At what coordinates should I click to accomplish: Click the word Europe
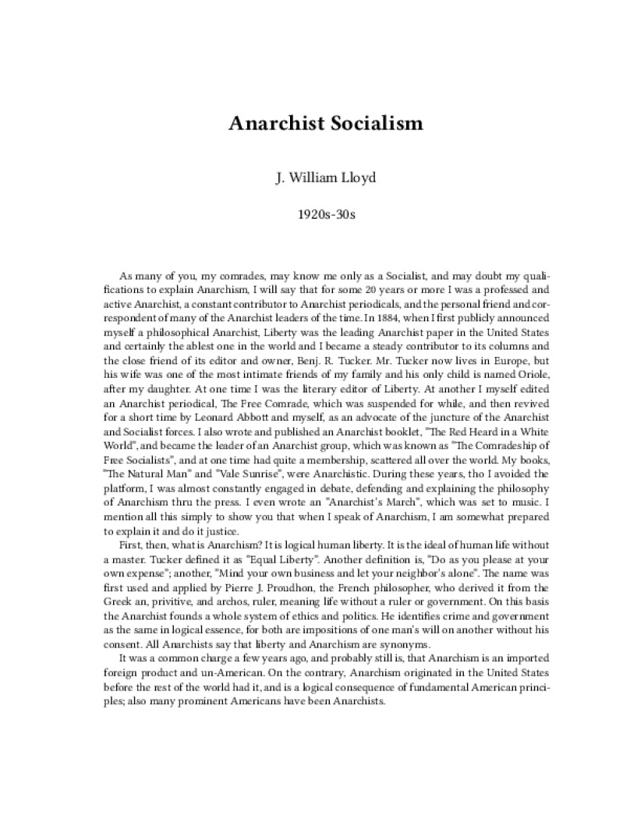pos(465,361)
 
